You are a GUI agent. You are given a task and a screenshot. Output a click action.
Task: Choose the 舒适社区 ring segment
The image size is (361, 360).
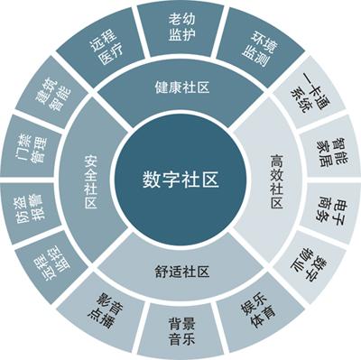tap(180, 271)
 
